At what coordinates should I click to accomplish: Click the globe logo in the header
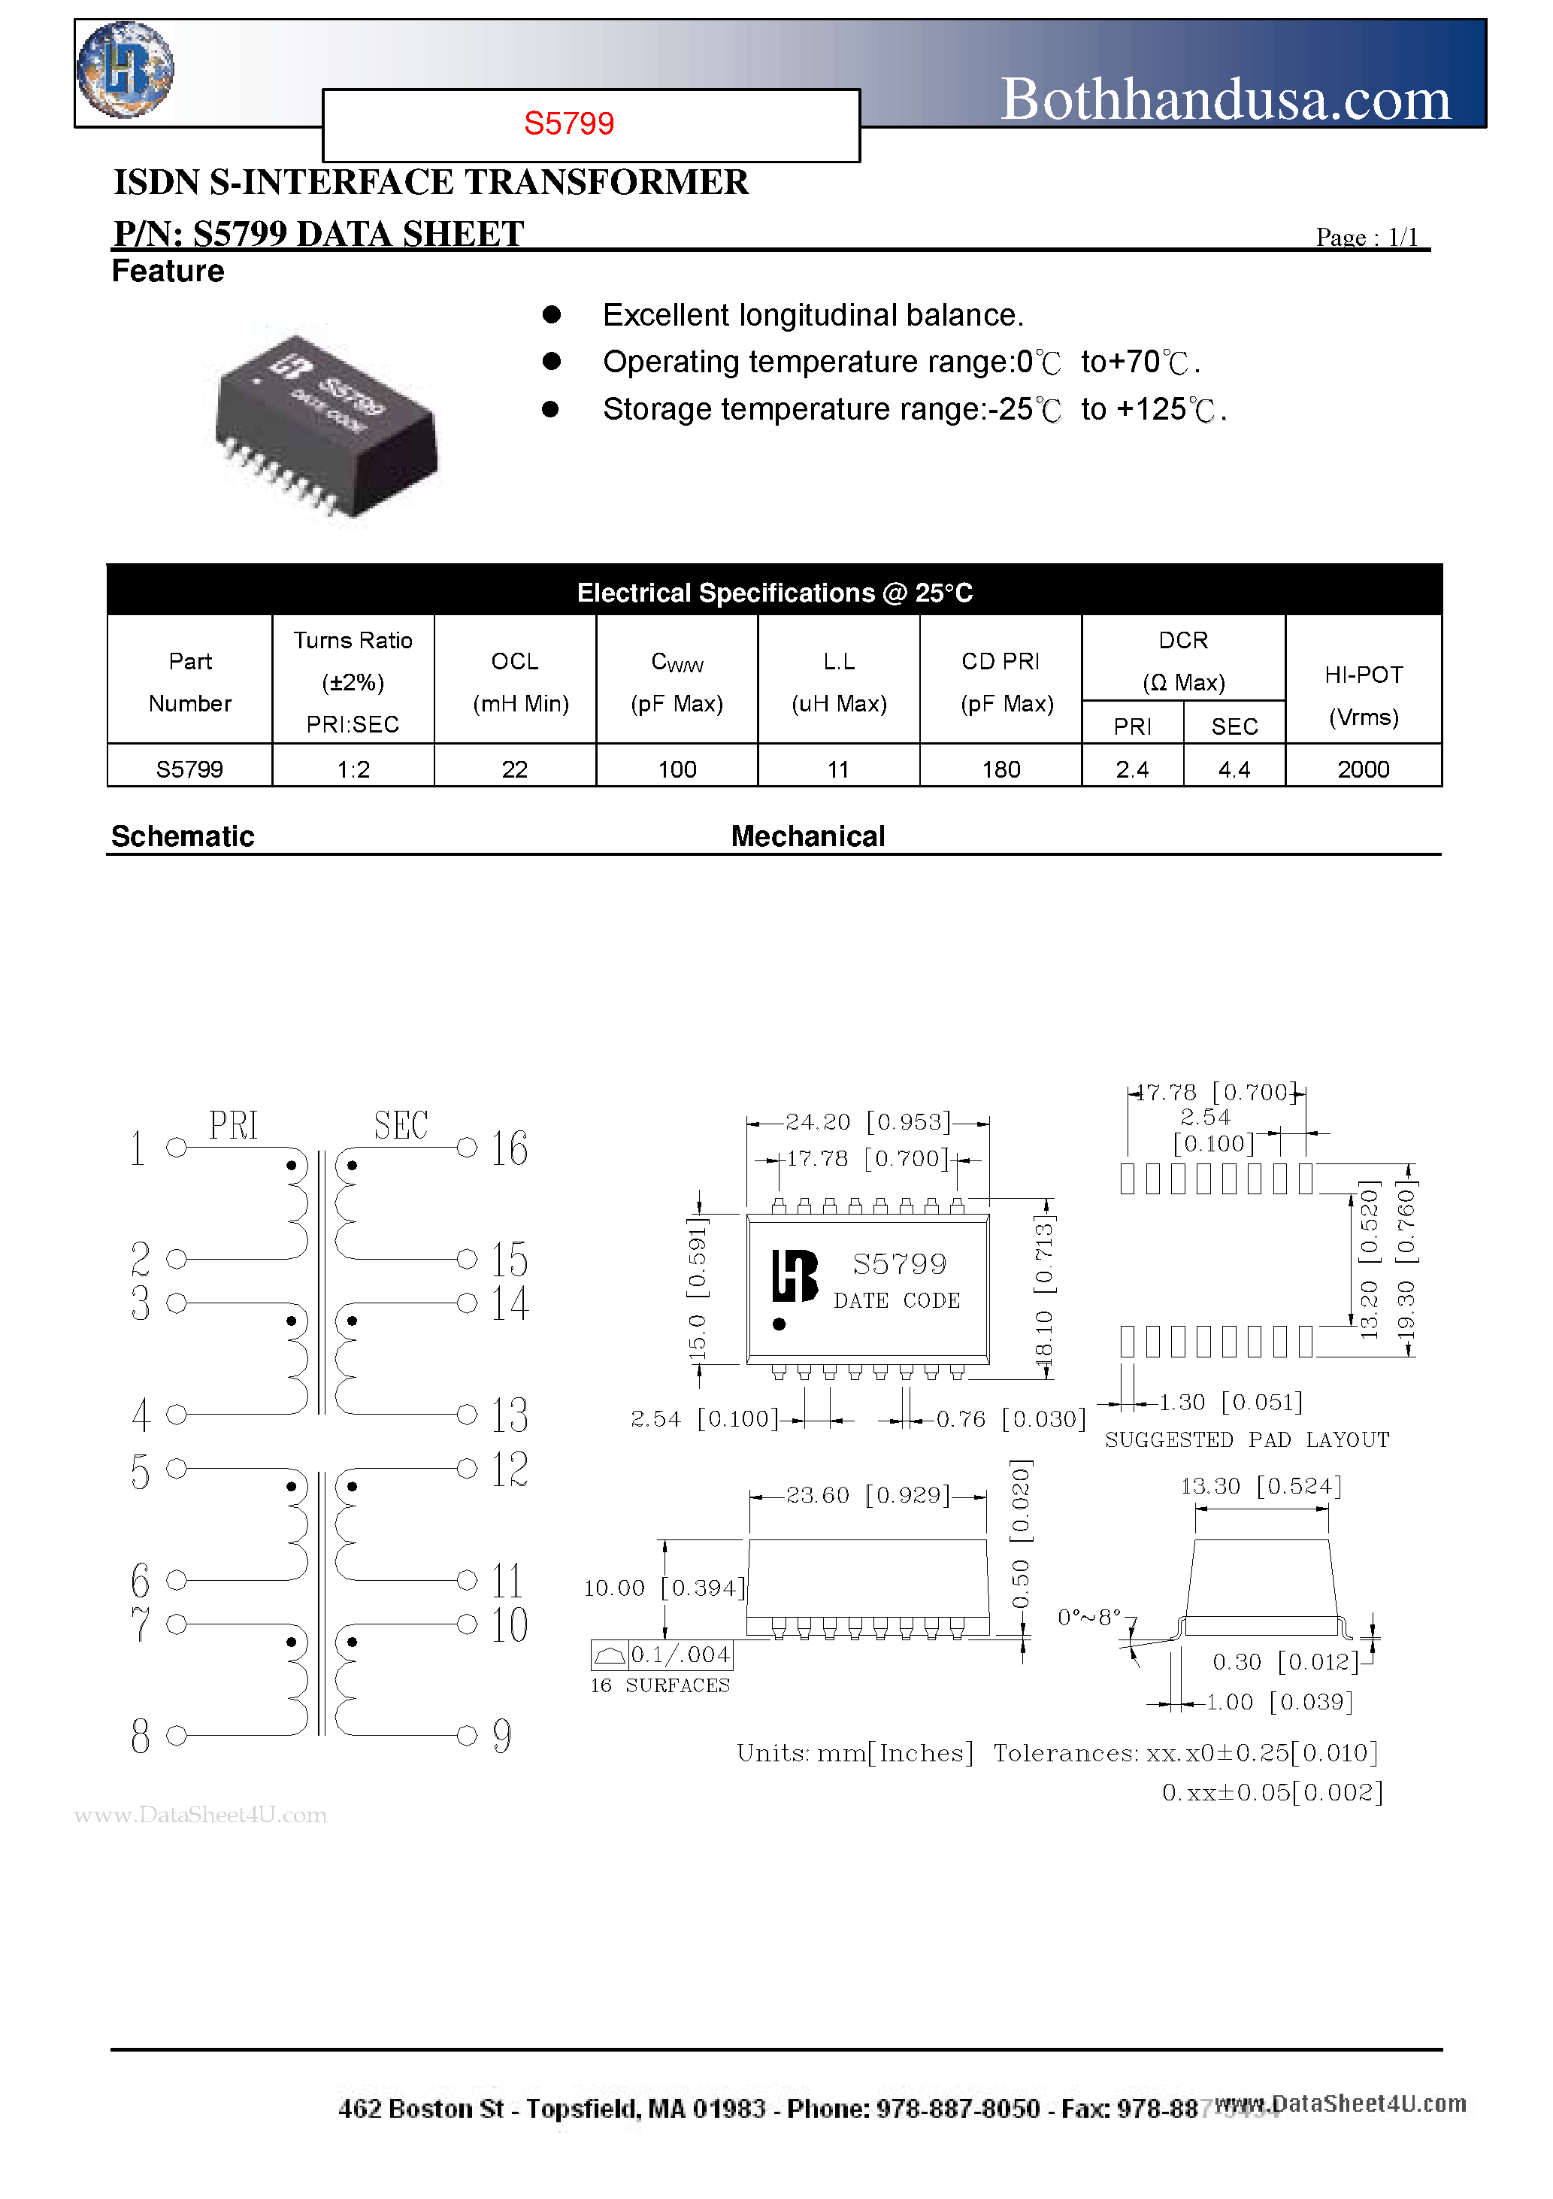[125, 69]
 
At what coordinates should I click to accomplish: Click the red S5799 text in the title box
[569, 123]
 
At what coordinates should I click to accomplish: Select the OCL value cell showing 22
[515, 769]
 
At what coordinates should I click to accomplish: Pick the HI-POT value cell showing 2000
[1363, 769]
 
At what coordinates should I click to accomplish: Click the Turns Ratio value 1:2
[353, 769]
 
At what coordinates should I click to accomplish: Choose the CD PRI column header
[1001, 662]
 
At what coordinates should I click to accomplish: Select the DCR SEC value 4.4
[1234, 769]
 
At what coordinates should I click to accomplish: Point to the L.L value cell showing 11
[839, 769]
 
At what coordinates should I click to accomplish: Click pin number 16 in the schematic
[510, 1148]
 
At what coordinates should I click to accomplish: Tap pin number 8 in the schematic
[141, 1736]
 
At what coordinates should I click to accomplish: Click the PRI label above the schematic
[234, 1125]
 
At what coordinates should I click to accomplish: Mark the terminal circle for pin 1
[176, 1148]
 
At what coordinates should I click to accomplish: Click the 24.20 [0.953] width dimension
[867, 1121]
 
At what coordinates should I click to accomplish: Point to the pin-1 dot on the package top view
[780, 1324]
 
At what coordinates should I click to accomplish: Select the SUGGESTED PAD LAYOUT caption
[1246, 1439]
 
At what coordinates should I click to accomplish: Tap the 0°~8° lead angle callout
[1088, 1618]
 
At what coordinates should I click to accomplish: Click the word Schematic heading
[183, 836]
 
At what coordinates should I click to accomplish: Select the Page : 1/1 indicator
[1367, 237]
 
